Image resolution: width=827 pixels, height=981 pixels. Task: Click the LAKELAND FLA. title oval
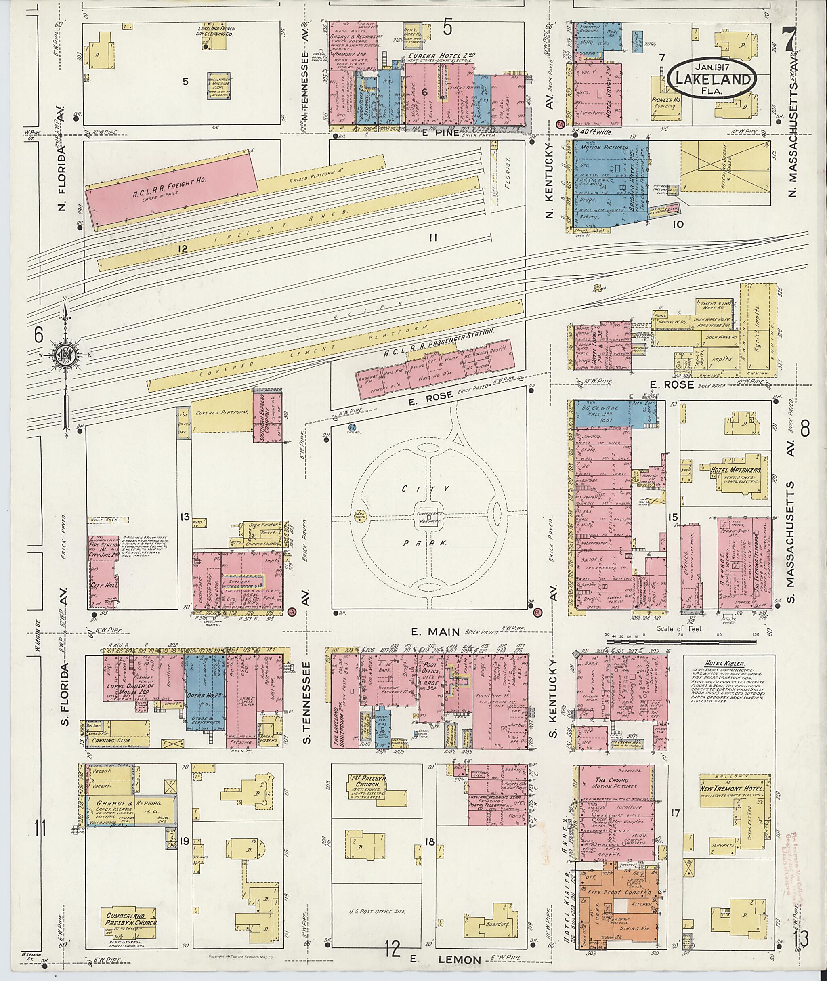(x=712, y=79)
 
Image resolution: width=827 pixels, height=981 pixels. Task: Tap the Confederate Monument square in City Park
(x=429, y=517)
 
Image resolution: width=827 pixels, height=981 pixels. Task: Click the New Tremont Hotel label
(x=732, y=788)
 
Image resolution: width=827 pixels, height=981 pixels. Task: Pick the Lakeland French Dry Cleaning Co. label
(x=216, y=32)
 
